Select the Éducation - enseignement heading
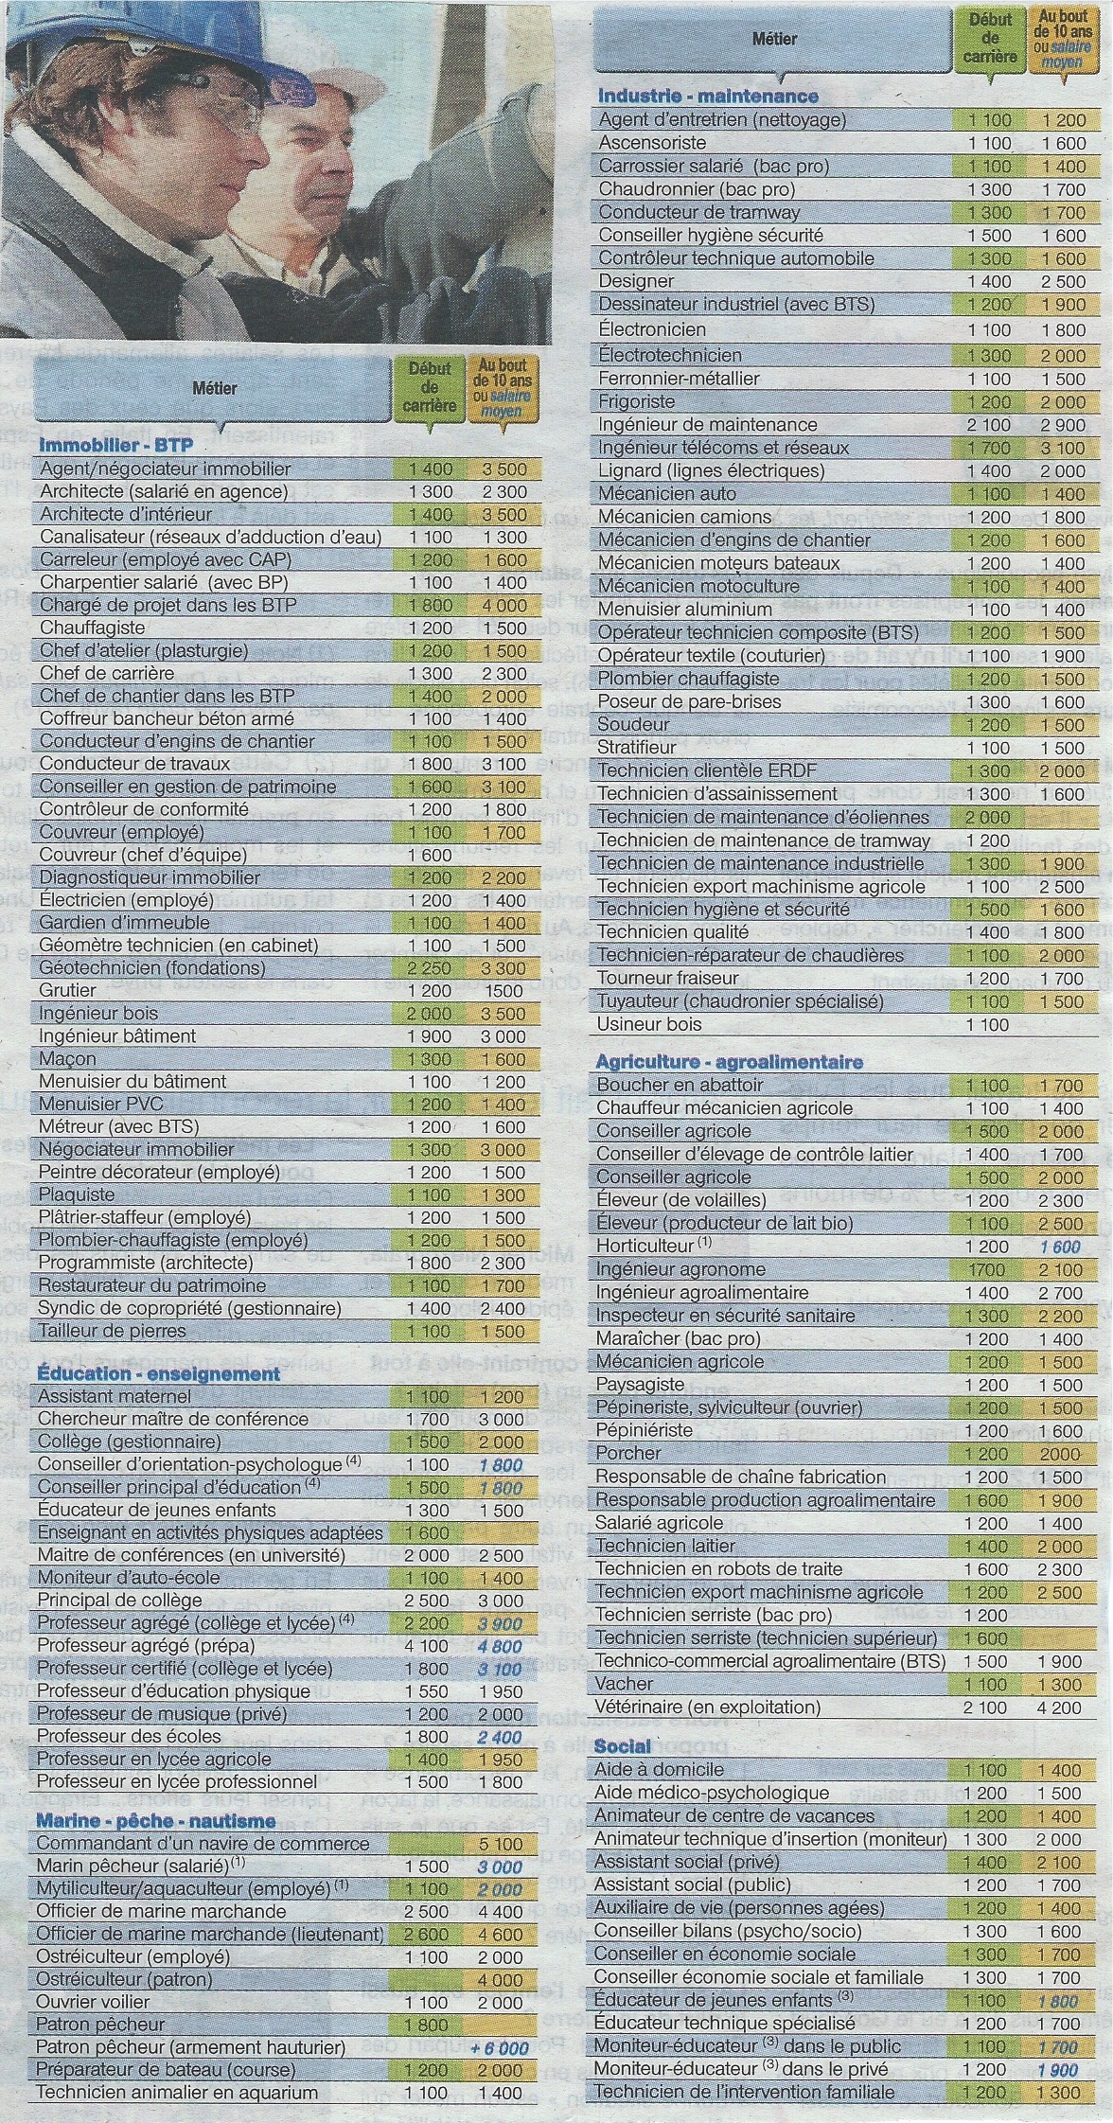[x=158, y=1373]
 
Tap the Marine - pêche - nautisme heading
[x=156, y=1820]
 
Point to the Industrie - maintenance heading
[x=708, y=96]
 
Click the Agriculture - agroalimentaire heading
[x=729, y=1062]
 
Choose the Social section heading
[x=623, y=1746]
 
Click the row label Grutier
[x=68, y=990]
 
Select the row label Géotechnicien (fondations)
[x=152, y=967]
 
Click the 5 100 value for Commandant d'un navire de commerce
[x=501, y=1844]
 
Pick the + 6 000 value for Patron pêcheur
[x=499, y=2047]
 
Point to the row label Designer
[x=636, y=281]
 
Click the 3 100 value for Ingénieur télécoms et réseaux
[x=1064, y=448]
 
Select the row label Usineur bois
[x=649, y=1024]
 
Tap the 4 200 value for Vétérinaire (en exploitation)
[x=1065, y=1707]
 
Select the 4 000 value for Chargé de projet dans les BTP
[x=501, y=605]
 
